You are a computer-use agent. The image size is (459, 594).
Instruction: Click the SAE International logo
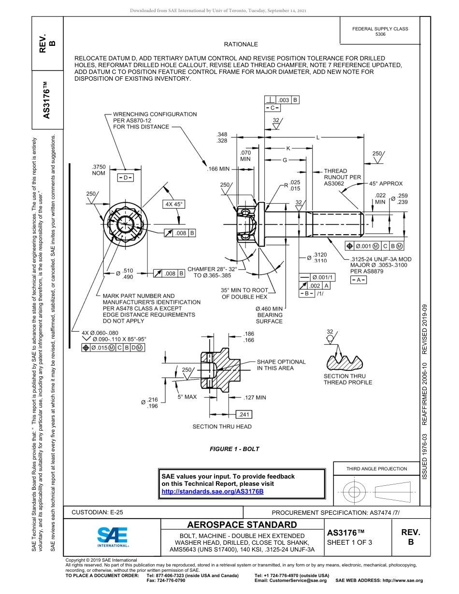(112, 536)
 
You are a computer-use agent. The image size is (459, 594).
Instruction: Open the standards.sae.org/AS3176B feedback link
(212, 491)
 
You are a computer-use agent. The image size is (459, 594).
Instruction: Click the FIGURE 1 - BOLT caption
(234, 449)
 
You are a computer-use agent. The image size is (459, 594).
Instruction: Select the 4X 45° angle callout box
(174, 204)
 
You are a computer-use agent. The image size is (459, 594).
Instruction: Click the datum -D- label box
(125, 178)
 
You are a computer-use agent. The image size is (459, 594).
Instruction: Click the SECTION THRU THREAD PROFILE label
(348, 379)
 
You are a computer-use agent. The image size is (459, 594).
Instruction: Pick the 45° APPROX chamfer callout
(386, 184)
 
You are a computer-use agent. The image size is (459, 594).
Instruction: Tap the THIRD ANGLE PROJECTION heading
(376, 468)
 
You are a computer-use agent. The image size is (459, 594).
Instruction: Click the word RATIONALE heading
(241, 44)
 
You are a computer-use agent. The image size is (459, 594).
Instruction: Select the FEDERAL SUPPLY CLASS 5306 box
(380, 31)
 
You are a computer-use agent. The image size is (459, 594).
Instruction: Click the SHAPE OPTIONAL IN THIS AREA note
(281, 365)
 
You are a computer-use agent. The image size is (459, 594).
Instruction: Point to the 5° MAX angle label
(187, 397)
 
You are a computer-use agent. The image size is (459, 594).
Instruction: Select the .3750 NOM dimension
(99, 170)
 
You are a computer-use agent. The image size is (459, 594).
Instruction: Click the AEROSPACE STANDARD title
(242, 525)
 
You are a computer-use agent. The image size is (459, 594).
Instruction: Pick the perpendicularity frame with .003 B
(282, 100)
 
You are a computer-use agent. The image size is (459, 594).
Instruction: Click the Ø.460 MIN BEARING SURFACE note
(269, 315)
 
